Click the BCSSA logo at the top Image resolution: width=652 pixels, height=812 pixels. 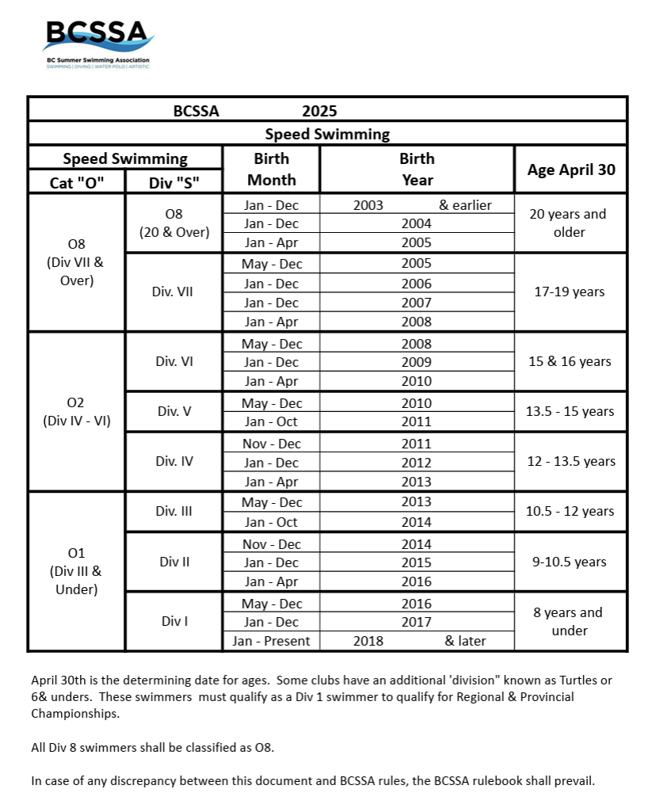(97, 41)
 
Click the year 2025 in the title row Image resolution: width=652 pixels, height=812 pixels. (319, 111)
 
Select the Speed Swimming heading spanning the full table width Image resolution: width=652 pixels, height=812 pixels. (327, 134)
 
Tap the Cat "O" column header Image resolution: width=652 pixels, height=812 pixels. (76, 181)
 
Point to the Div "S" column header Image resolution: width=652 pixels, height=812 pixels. (173, 181)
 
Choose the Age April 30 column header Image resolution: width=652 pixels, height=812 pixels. (570, 170)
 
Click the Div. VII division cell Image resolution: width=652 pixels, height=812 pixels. (173, 292)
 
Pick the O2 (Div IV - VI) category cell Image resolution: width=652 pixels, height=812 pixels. (76, 411)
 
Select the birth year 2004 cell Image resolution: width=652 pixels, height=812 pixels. (417, 223)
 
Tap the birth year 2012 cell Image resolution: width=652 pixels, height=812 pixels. (417, 463)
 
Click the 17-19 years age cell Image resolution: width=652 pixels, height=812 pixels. (570, 292)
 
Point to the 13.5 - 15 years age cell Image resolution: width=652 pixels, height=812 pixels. (570, 411)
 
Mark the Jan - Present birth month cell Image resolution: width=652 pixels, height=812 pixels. (272, 640)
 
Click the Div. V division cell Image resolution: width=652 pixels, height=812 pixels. (173, 411)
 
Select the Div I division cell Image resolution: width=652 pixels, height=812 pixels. (173, 621)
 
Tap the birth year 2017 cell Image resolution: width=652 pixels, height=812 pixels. (417, 621)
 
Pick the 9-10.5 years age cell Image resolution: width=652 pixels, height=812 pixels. (570, 562)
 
